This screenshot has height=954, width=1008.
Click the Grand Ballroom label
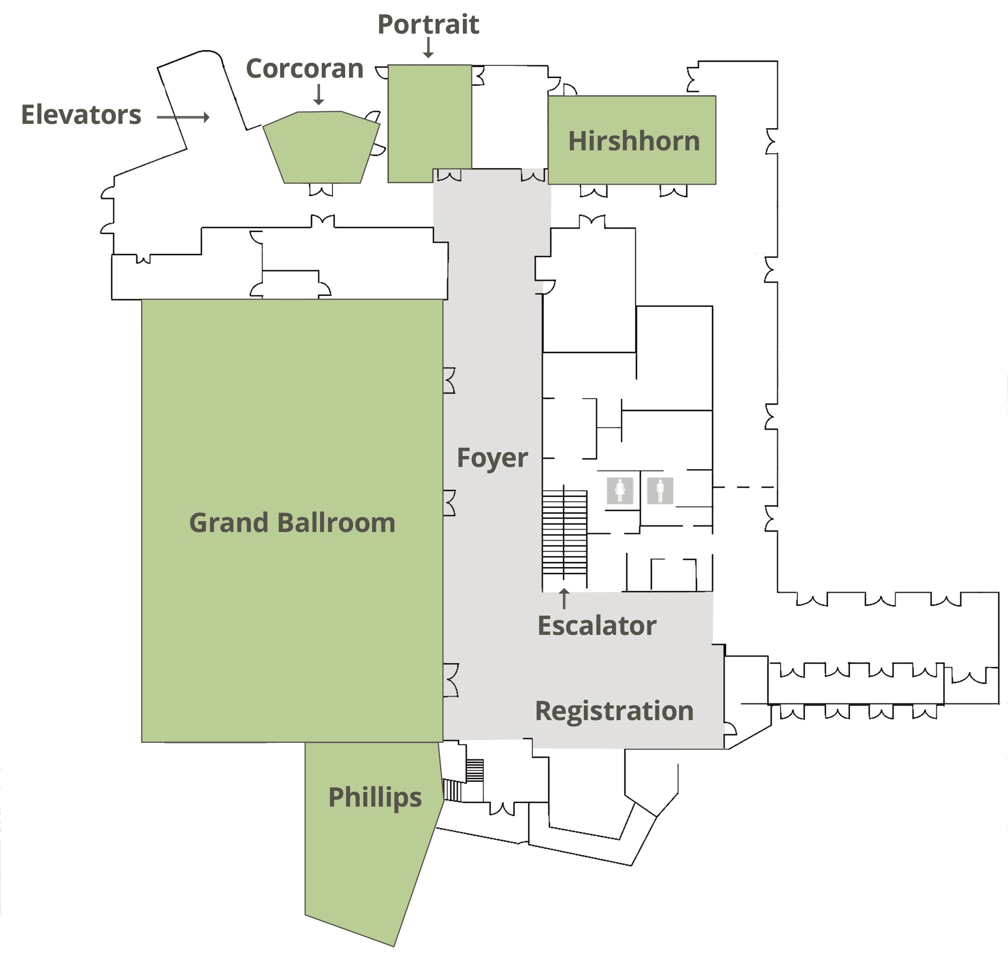coord(292,523)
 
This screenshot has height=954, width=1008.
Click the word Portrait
coord(428,24)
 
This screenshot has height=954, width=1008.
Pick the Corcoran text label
coord(304,68)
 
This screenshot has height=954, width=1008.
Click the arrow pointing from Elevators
coord(183,118)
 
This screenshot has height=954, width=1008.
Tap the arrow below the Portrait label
coord(428,48)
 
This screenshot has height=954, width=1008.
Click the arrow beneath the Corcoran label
coord(319,94)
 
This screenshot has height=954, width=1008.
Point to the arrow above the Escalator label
coord(564,598)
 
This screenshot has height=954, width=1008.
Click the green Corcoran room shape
coord(321,147)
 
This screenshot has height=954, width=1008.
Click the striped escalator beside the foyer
coord(564,538)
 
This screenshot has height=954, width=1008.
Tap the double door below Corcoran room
coord(321,190)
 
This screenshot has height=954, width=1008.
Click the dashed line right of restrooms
coord(744,487)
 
